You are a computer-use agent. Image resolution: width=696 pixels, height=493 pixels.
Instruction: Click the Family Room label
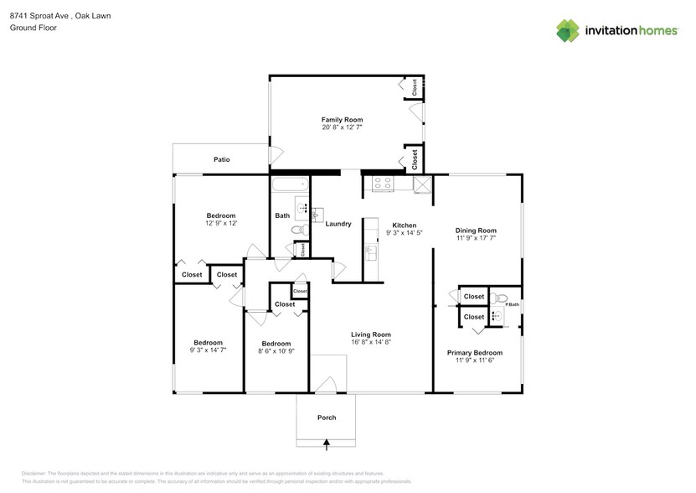point(342,120)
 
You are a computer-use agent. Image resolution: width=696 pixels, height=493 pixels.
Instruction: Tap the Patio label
point(221,159)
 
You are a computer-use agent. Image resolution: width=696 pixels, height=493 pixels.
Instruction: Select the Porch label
point(326,418)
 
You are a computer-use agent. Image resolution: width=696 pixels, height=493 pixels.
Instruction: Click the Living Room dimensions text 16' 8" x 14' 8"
point(370,343)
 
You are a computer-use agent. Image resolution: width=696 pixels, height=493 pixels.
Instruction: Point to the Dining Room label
point(476,231)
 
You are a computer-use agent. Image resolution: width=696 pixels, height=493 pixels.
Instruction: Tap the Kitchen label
point(405,226)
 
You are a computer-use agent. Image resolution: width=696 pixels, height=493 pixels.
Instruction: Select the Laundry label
point(338,224)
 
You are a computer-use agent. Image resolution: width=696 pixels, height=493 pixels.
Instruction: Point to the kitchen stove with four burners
point(383,183)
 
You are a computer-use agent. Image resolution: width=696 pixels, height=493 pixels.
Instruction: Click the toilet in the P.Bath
point(501,298)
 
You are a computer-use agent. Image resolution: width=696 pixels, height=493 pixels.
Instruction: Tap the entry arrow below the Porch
point(327,444)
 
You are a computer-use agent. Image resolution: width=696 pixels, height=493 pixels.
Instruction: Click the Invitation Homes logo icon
point(569,30)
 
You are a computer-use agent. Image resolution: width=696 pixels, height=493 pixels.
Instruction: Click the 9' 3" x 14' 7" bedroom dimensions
point(209,350)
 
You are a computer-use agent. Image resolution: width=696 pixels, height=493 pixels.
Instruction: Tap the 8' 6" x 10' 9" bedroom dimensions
point(276,351)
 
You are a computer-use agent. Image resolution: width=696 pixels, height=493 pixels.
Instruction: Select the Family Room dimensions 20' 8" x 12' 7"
point(342,128)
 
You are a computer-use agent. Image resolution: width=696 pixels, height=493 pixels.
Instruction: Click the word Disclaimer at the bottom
point(34,474)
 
